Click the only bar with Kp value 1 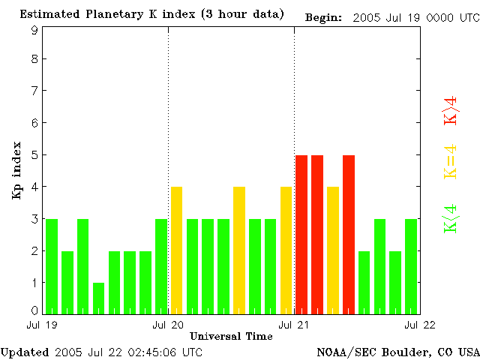click(x=99, y=298)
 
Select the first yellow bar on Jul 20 click(x=177, y=250)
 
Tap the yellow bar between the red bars click(x=333, y=250)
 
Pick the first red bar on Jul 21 click(x=301, y=234)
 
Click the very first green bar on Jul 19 click(x=52, y=265)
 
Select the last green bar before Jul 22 click(x=411, y=265)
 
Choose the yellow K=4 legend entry click(x=450, y=161)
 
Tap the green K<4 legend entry click(x=450, y=218)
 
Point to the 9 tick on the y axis click(x=34, y=31)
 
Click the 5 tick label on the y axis click(x=34, y=154)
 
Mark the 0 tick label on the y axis click(x=34, y=310)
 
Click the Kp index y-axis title click(x=16, y=170)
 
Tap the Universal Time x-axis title click(x=231, y=335)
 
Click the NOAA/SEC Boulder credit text click(x=397, y=351)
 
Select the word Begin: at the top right click(x=323, y=16)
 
